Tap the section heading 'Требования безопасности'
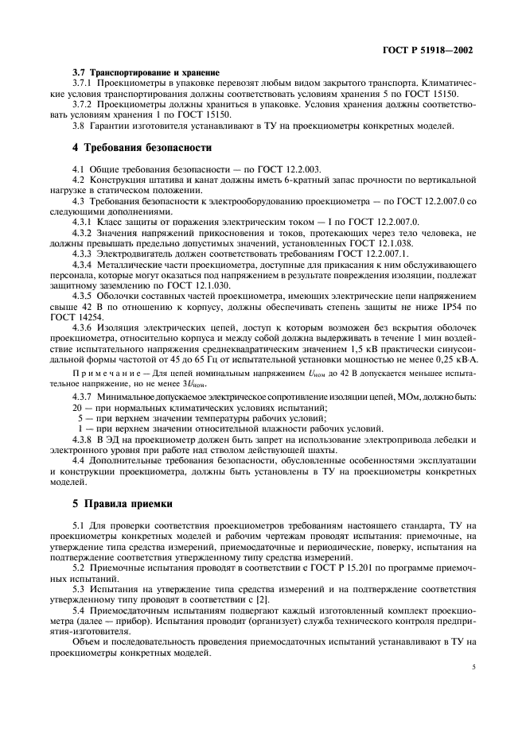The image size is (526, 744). click(144, 148)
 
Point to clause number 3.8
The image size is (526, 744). click(78, 126)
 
